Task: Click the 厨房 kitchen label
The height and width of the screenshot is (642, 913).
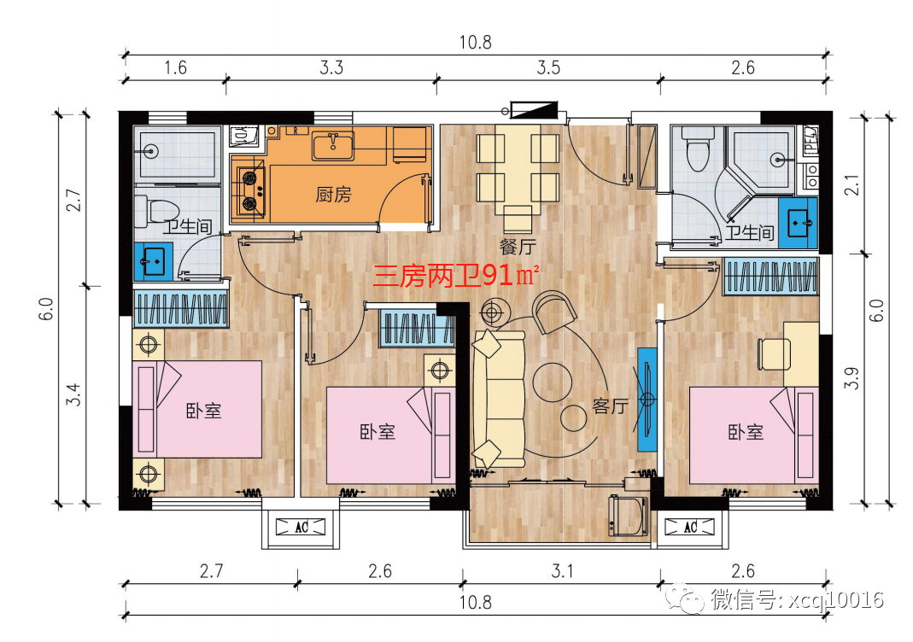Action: click(334, 195)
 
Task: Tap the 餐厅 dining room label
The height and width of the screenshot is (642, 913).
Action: click(518, 246)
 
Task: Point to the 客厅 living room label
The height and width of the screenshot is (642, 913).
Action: click(611, 406)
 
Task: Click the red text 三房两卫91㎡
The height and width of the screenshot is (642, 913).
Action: click(455, 275)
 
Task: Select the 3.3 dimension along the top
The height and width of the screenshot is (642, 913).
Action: click(331, 67)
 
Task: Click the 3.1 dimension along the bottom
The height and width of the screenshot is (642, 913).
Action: click(563, 571)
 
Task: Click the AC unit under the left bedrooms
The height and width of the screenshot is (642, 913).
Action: click(301, 528)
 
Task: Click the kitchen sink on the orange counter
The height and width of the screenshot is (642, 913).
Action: click(333, 145)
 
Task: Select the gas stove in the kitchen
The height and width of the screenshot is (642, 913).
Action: click(249, 189)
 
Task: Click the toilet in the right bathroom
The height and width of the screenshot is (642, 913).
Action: click(698, 147)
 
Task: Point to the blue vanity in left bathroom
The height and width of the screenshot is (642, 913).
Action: click(154, 262)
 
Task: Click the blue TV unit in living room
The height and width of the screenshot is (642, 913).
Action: click(647, 400)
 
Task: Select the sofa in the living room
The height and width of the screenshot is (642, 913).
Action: click(499, 400)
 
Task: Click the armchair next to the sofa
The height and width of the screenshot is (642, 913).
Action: click(554, 311)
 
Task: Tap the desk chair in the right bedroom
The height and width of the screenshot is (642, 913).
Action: click(774, 354)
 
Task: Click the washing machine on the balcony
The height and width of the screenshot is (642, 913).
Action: click(628, 515)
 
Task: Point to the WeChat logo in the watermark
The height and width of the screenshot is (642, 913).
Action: click(686, 599)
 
